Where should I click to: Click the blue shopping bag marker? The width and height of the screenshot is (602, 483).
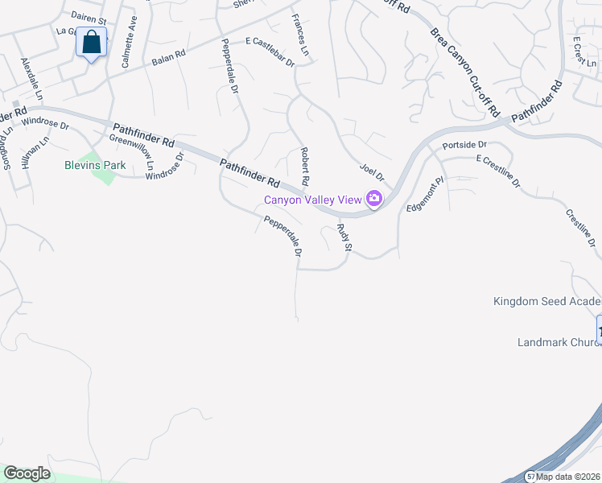point(93,43)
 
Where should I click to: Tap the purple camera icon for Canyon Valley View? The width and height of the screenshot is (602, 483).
point(374,198)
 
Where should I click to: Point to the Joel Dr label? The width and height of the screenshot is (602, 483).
point(373,172)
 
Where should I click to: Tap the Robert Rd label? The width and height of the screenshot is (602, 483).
point(304,164)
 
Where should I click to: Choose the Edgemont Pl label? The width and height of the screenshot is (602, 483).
point(425,194)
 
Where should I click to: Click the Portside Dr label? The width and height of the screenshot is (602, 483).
point(465,145)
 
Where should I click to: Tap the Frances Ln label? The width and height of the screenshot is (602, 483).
point(300,35)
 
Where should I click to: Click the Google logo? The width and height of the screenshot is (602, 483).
point(27,473)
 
